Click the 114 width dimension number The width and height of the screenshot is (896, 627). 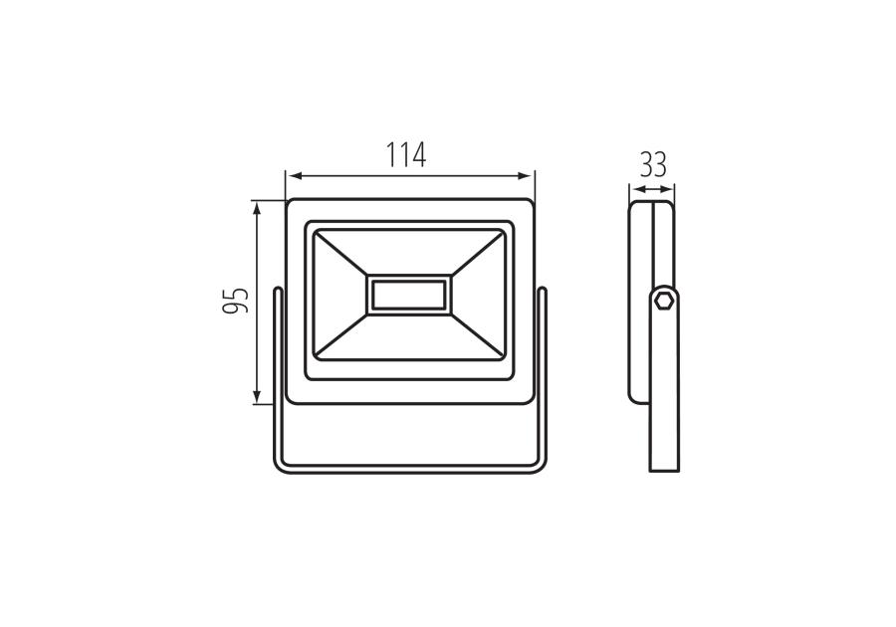tap(406, 154)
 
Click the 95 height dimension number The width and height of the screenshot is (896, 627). tap(235, 301)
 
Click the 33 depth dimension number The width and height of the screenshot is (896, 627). tap(653, 165)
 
